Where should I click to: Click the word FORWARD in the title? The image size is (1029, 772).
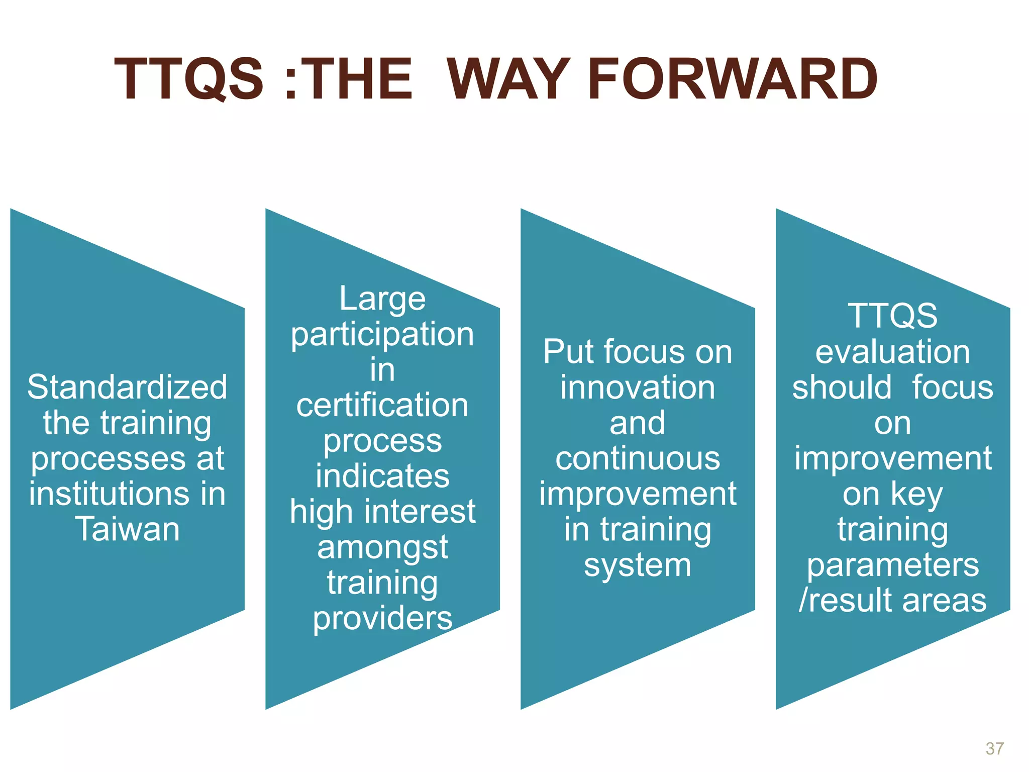732,79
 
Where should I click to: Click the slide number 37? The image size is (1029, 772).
995,748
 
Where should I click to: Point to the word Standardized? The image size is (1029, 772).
127,387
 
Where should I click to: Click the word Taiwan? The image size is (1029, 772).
127,529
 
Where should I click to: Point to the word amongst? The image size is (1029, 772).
382,547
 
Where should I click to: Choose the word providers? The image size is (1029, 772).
382,618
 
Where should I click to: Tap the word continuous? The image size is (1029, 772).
638,458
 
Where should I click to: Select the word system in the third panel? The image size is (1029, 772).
638,565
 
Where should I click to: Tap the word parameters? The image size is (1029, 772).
892,565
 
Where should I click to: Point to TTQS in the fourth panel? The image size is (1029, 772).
892,316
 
